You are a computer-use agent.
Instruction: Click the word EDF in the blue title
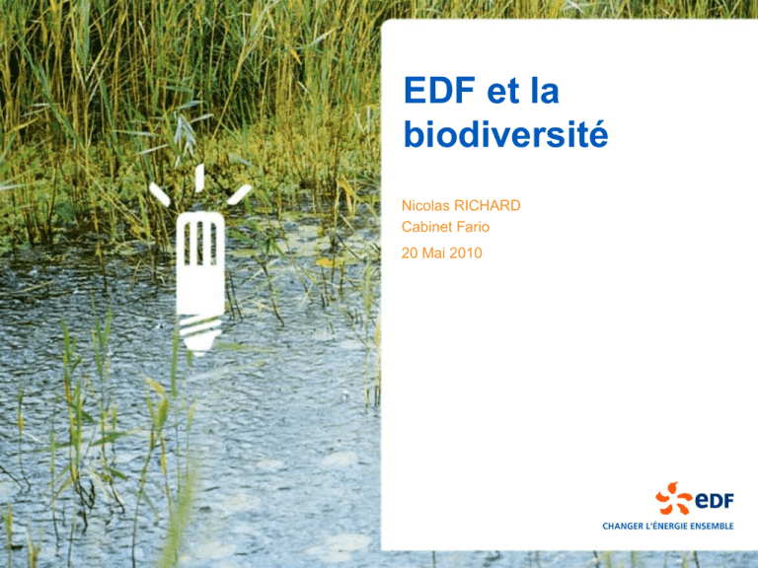(439, 91)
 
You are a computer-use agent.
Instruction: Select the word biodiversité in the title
(505, 134)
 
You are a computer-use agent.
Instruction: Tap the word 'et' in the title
(502, 92)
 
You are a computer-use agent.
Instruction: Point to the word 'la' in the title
(545, 91)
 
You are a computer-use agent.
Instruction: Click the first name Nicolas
(425, 206)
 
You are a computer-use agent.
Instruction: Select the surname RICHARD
(488, 206)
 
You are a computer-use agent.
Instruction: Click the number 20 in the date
(410, 252)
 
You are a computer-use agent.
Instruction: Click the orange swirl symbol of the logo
(673, 498)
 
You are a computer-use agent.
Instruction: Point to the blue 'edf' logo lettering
(714, 500)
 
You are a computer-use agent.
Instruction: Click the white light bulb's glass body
(200, 263)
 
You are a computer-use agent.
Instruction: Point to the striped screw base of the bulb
(200, 334)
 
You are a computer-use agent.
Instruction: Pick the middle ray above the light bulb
(199, 178)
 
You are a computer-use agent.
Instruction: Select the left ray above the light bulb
(160, 194)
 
